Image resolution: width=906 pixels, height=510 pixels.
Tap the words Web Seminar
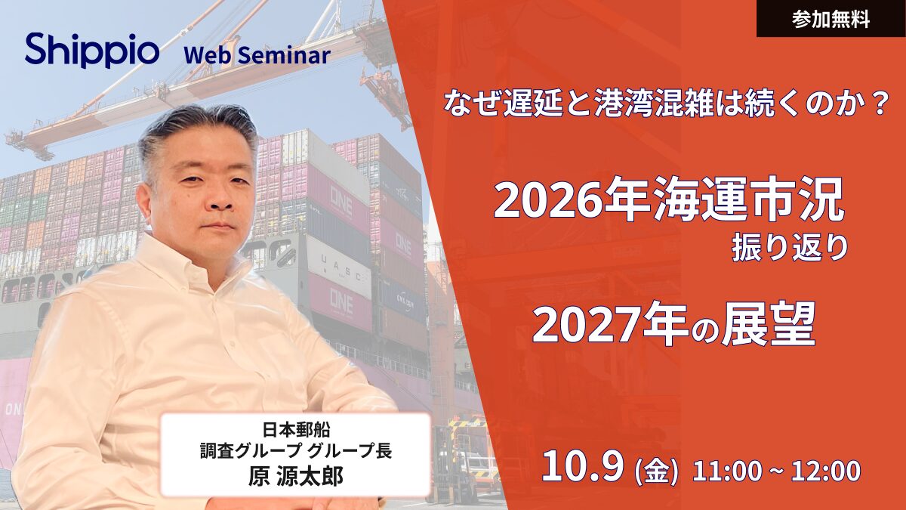(257, 55)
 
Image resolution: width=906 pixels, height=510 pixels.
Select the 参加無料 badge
(831, 19)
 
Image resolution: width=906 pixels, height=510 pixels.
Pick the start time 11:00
(727, 471)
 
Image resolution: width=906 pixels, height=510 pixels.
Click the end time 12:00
(826, 471)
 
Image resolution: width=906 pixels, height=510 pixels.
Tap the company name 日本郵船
(296, 429)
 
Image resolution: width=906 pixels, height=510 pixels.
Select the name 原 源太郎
(296, 476)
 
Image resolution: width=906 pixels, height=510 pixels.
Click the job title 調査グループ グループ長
(296, 451)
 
